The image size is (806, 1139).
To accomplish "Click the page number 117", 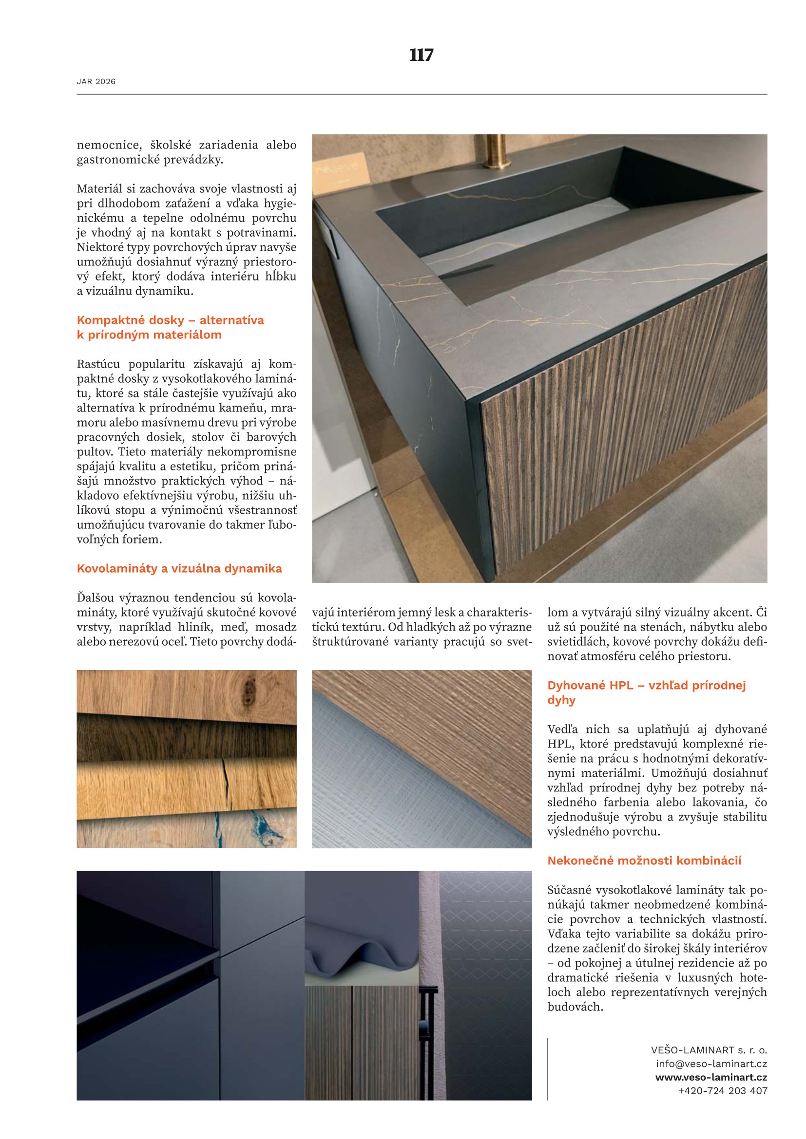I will tap(422, 55).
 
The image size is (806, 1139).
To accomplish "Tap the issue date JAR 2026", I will tap(96, 81).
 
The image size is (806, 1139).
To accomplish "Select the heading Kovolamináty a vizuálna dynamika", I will tap(179, 568).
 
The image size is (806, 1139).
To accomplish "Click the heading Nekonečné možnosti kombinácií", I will tap(644, 860).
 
